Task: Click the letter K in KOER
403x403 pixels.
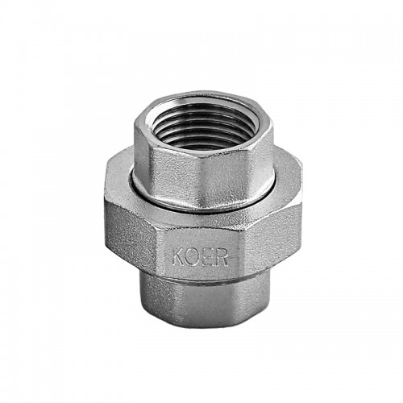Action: (x=178, y=257)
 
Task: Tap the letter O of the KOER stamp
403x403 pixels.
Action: (x=192, y=257)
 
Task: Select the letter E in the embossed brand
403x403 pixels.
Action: (x=207, y=258)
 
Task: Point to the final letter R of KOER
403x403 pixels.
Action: (x=222, y=258)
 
